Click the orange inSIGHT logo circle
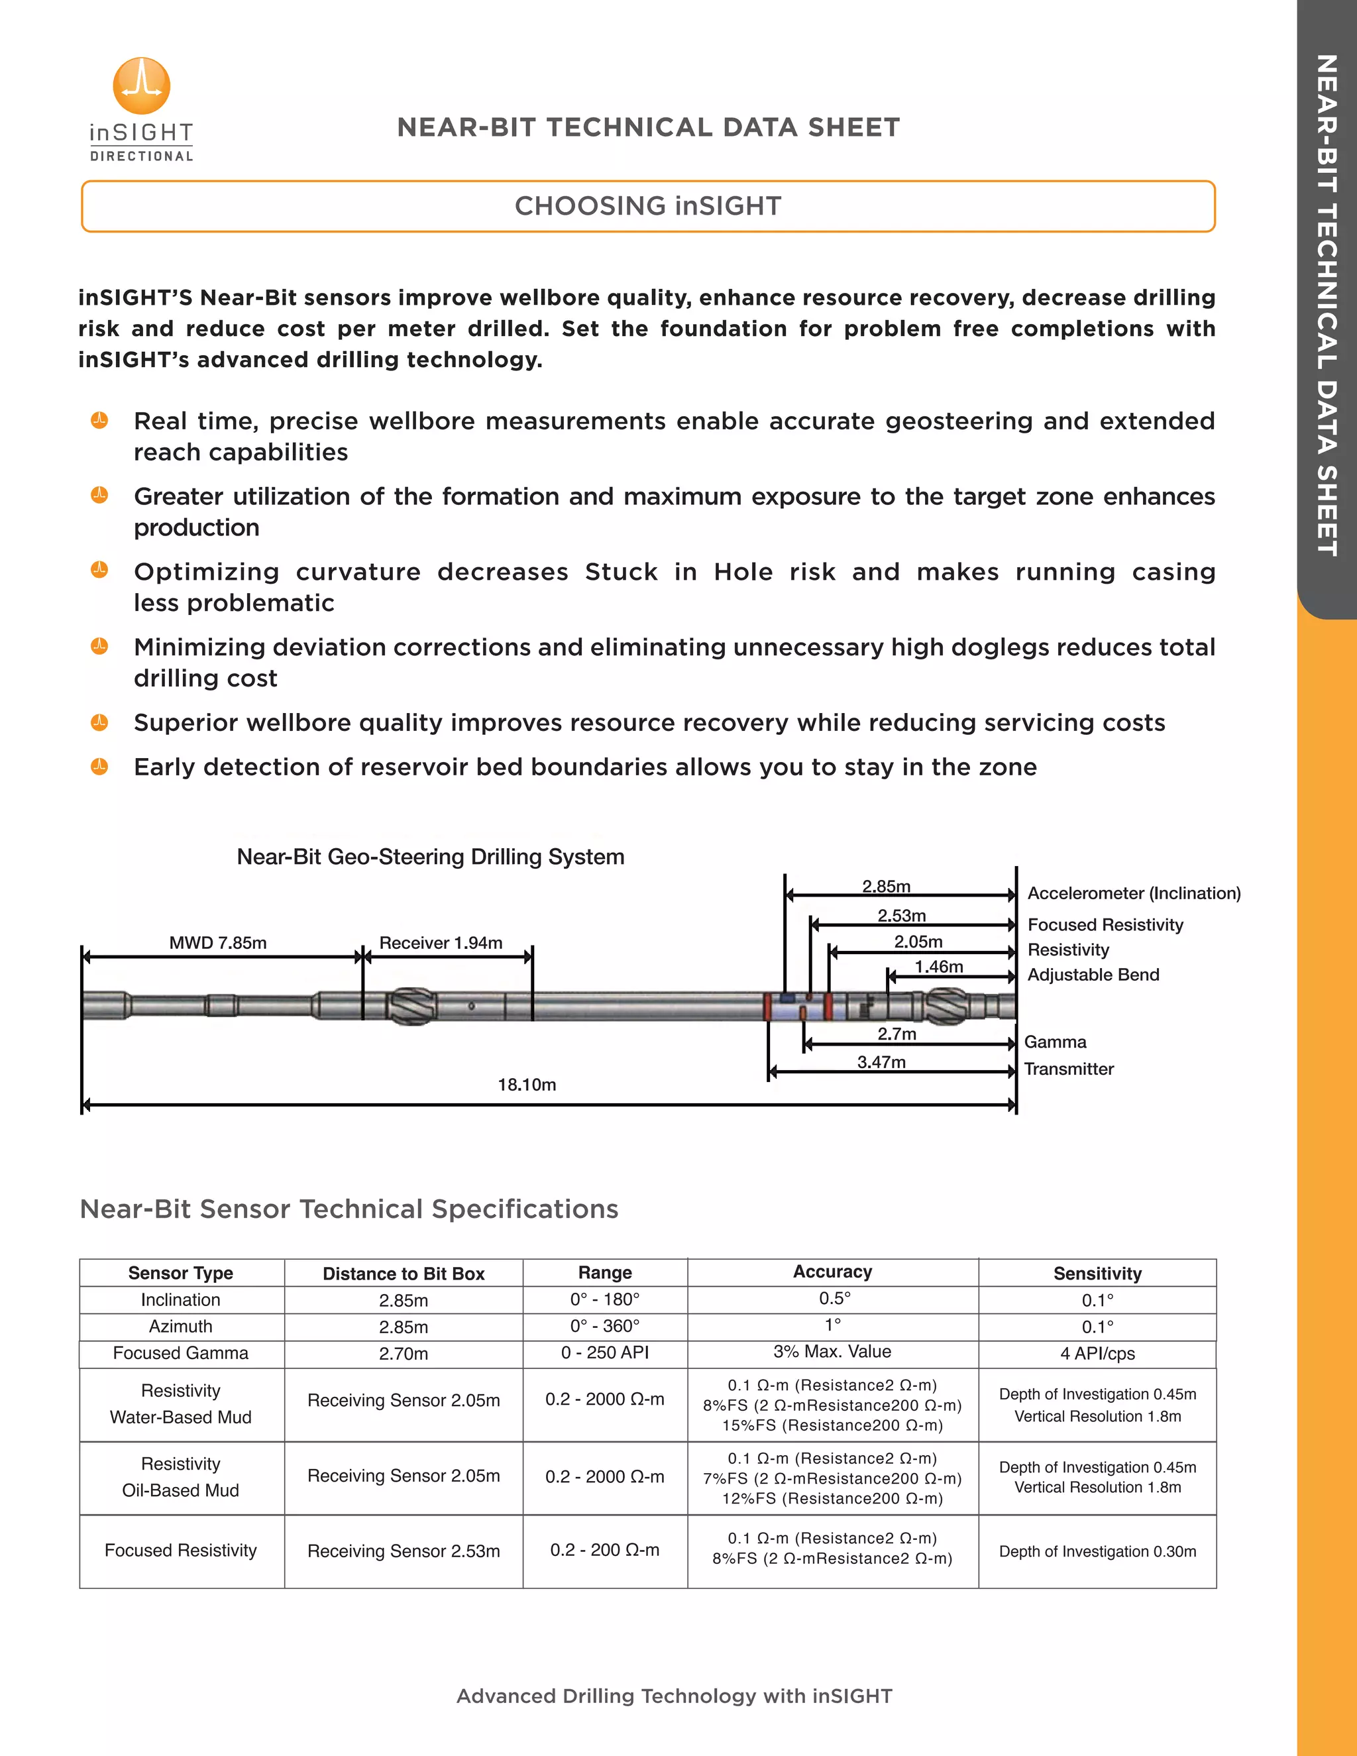click(142, 85)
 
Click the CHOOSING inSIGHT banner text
click(648, 207)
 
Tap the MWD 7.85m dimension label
click(218, 943)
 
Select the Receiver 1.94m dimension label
click(441, 943)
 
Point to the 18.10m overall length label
click(527, 1085)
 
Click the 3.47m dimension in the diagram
click(881, 1062)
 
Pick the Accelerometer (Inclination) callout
click(1134, 893)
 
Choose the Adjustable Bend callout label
click(1093, 975)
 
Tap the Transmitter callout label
click(1068, 1070)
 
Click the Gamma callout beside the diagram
click(1055, 1042)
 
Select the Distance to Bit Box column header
click(404, 1274)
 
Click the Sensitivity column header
click(1097, 1274)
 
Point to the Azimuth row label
click(181, 1327)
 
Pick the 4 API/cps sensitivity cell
click(1097, 1354)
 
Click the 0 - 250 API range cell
click(604, 1352)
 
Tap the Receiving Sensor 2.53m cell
click(404, 1551)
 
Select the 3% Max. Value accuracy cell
click(832, 1352)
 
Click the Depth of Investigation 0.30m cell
click(1097, 1552)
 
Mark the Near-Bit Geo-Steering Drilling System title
click(430, 857)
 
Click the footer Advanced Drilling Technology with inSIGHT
click(675, 1696)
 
